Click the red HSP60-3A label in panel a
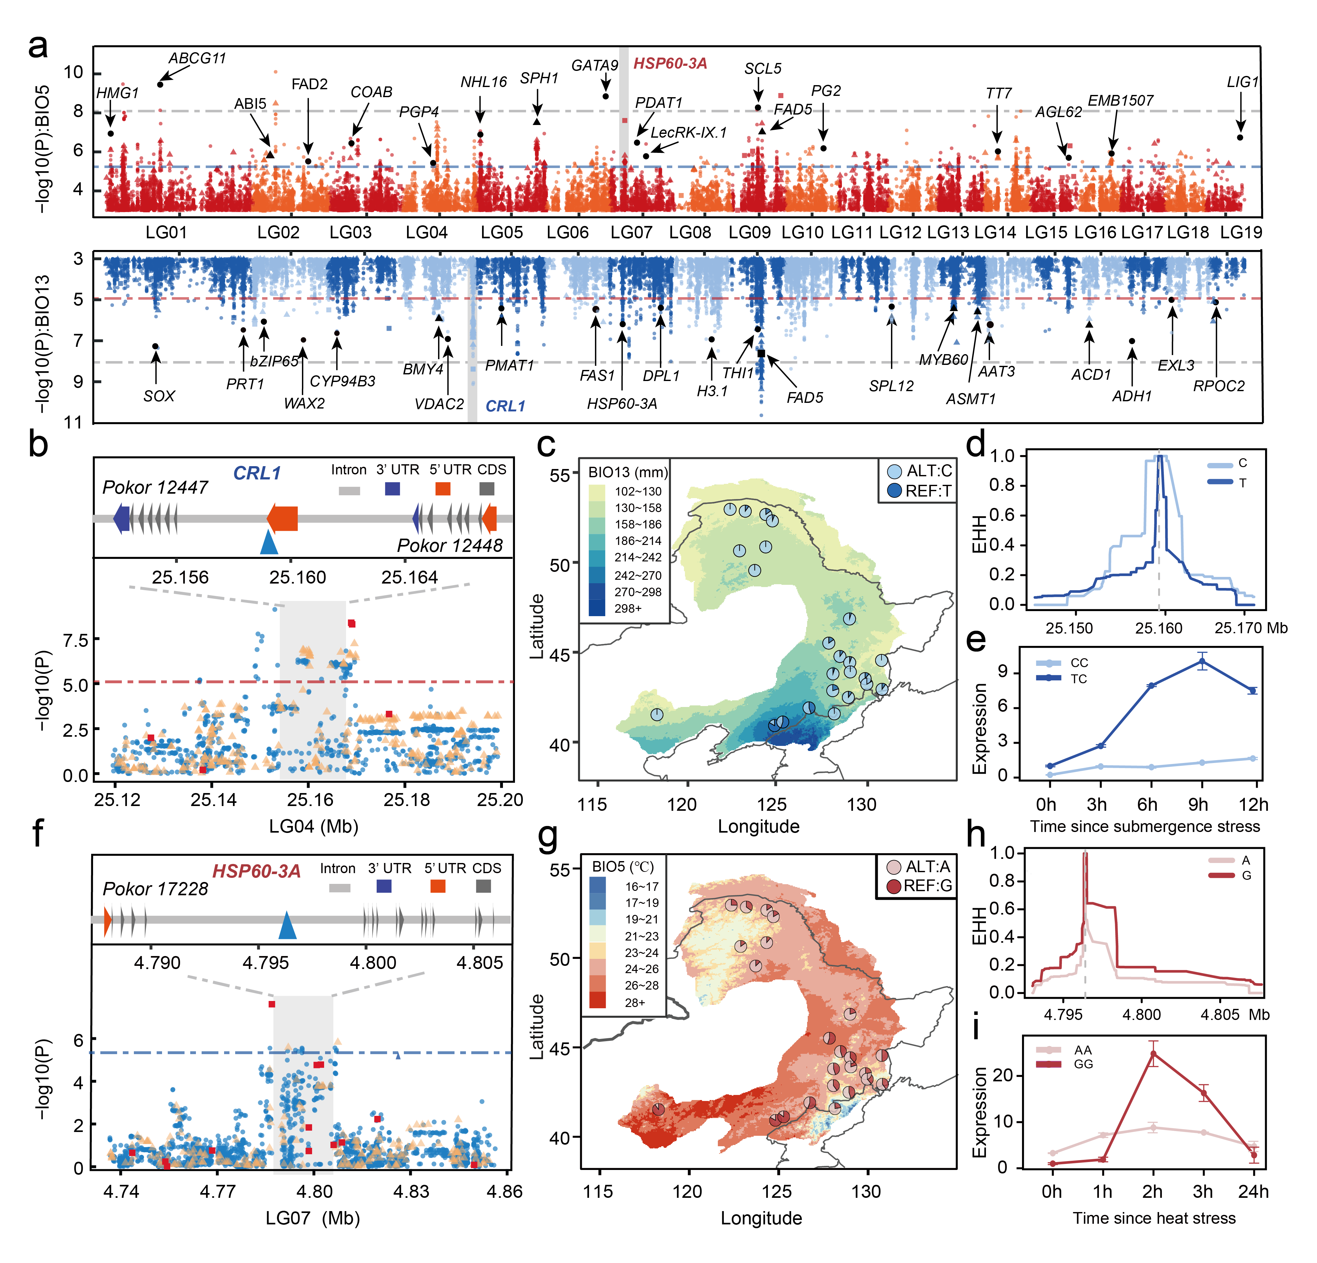(670, 64)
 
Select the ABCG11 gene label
(197, 59)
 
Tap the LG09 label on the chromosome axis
(749, 233)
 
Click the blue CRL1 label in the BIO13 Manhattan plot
(505, 406)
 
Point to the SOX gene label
(159, 396)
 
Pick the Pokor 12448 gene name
(449, 546)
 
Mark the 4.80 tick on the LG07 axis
(315, 1192)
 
